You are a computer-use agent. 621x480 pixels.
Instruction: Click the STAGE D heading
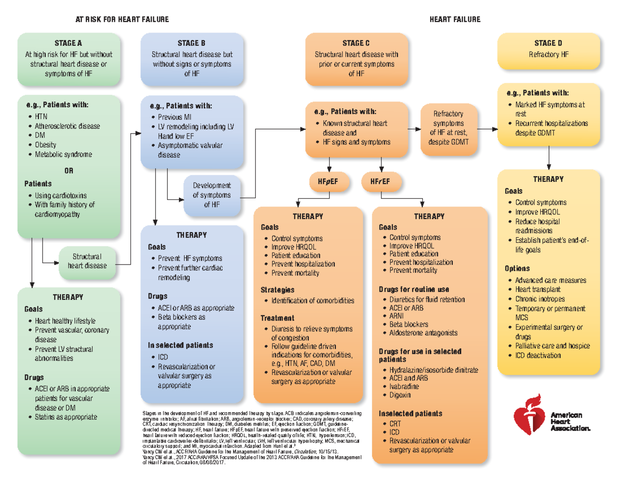(x=548, y=43)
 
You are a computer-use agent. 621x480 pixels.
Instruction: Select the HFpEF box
(x=329, y=181)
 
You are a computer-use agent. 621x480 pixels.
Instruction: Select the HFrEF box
(x=380, y=181)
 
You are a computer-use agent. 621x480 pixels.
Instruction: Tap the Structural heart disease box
(x=87, y=261)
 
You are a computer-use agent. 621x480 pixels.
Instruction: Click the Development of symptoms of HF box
(x=212, y=195)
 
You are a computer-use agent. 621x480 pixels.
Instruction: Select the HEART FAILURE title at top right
(x=455, y=20)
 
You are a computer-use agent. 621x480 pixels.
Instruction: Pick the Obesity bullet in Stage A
(x=46, y=145)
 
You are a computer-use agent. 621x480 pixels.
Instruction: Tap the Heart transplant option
(x=538, y=289)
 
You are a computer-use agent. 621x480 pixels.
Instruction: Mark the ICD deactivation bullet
(x=538, y=355)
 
